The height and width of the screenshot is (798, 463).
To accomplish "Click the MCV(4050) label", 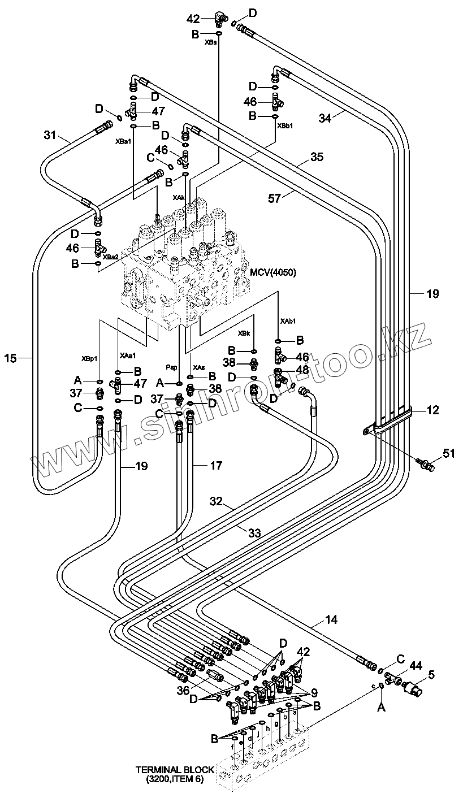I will pos(273,272).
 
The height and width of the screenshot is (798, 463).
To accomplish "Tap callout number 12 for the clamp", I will pos(432,410).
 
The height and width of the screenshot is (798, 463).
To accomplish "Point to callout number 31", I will pos(50,135).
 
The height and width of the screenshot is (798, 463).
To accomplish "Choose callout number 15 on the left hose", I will pos(11,357).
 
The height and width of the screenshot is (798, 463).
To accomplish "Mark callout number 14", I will pos(331,620).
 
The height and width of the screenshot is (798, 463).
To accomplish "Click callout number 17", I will pos(215,466).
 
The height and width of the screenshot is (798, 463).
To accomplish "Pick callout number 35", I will pos(317,157).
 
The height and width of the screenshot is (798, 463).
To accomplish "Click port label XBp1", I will pos(89,358).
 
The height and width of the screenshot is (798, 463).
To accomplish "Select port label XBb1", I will pos(285,125).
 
